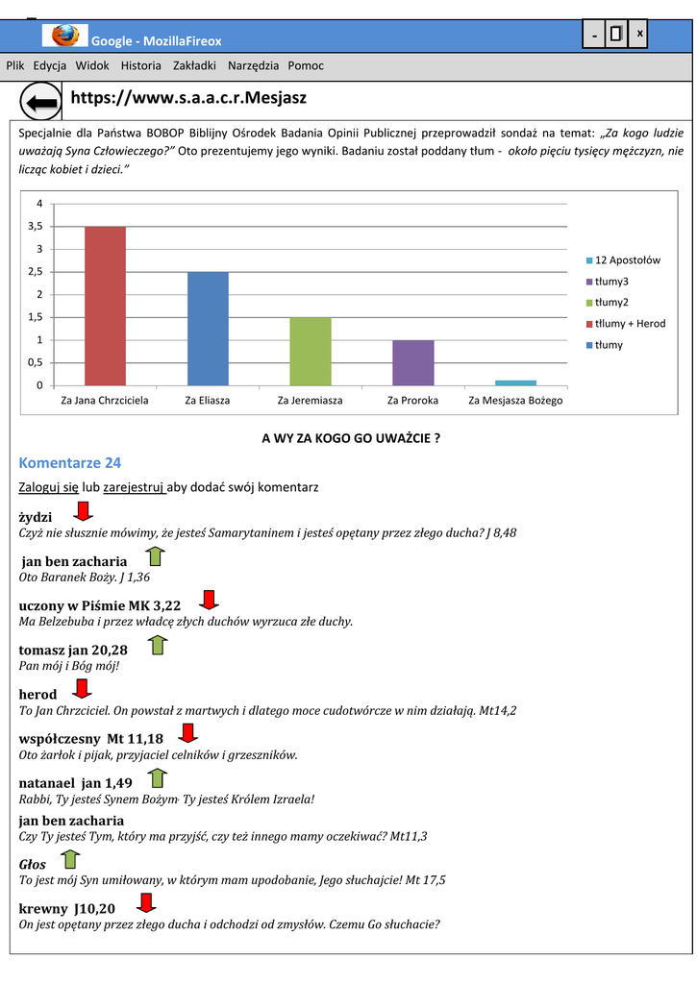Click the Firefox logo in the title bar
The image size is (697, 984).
pos(65,37)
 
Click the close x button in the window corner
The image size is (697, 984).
pos(639,35)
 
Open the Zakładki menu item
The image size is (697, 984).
pos(194,66)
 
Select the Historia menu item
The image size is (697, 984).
pos(141,66)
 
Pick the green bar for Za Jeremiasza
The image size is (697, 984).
pos(311,351)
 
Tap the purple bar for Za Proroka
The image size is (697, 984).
pos(413,362)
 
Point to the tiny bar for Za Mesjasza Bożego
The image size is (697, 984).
pos(515,382)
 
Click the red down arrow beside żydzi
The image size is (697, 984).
pos(84,510)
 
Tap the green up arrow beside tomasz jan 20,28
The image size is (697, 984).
pos(159,644)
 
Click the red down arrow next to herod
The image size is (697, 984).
pos(83,688)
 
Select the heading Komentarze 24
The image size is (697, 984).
pos(69,463)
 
